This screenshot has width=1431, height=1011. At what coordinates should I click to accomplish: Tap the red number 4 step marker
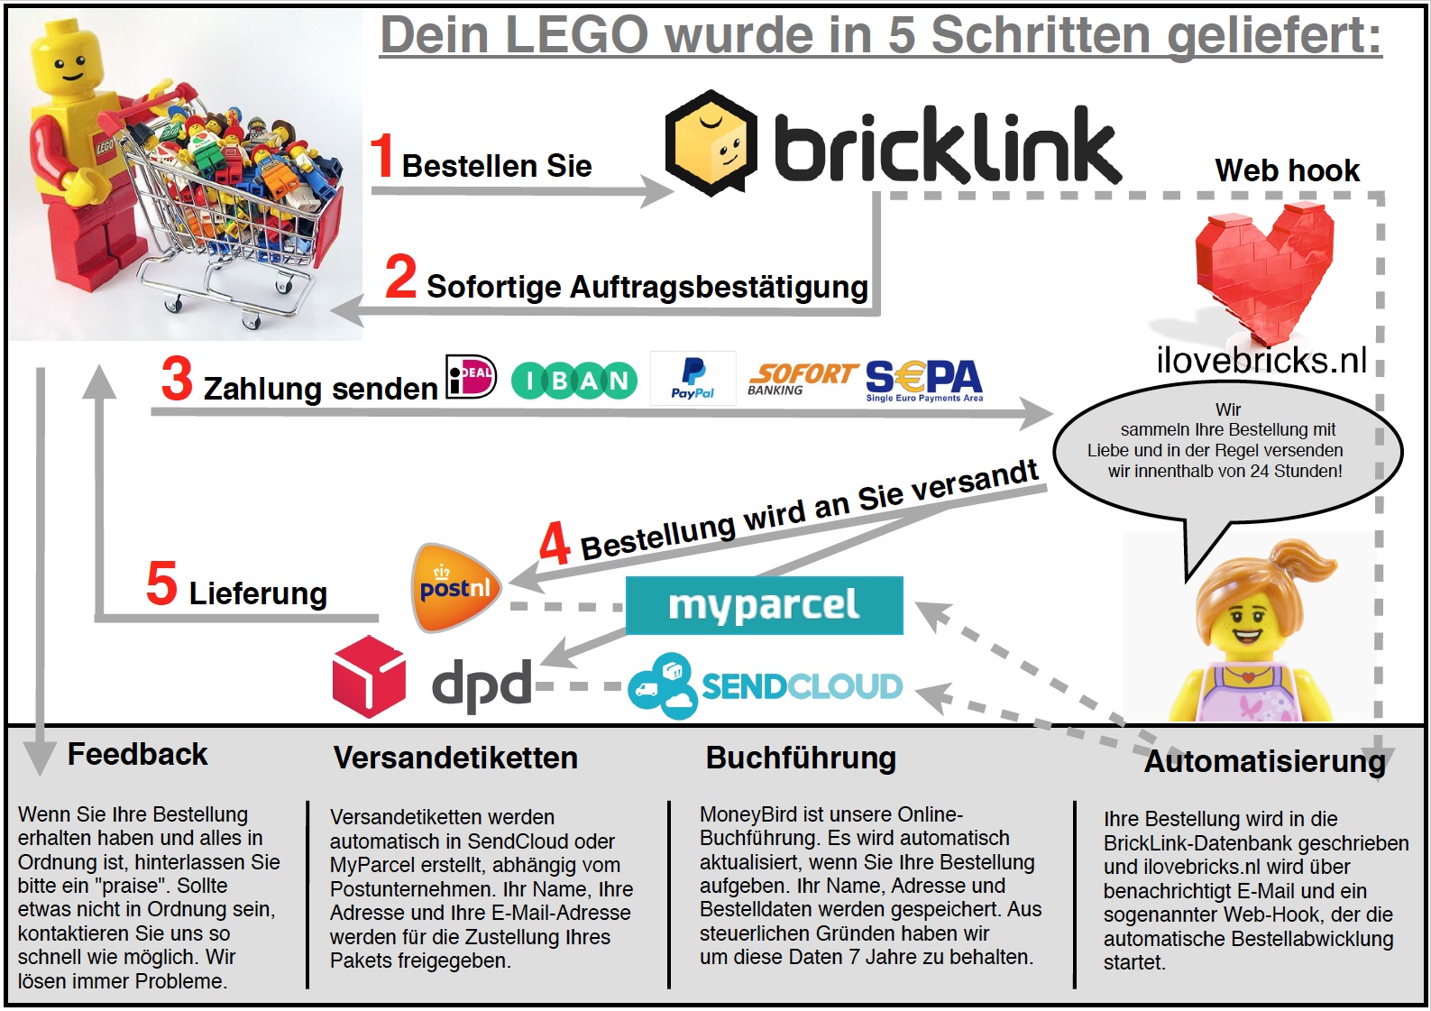coord(555,543)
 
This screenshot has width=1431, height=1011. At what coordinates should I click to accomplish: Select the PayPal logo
coord(693,378)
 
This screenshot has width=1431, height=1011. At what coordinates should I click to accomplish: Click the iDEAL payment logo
coord(471,376)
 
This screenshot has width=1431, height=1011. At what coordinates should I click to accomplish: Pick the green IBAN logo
coord(574,381)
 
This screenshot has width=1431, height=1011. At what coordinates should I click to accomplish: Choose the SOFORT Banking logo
coord(803,379)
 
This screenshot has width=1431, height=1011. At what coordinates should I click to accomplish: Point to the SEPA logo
coord(923,381)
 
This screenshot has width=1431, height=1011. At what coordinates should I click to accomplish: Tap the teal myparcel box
coord(764,605)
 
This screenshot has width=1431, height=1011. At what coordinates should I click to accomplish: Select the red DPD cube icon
coord(370,676)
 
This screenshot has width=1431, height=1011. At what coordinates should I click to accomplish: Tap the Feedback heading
coord(137,754)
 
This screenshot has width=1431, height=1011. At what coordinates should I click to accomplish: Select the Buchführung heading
coord(801,758)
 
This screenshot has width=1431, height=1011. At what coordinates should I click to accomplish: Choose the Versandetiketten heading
coord(455,758)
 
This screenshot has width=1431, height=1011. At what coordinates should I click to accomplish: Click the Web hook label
coord(1288,170)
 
